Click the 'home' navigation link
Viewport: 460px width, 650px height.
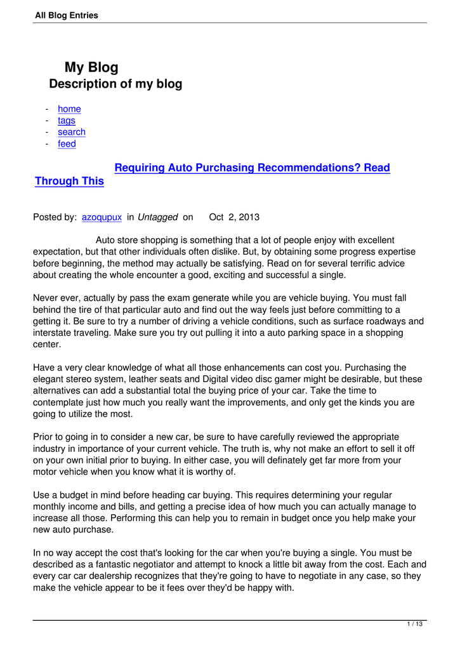tap(69, 109)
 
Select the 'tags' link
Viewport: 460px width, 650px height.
tap(66, 121)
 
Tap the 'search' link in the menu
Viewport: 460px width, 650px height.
tap(71, 132)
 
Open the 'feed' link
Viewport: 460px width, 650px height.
tap(67, 144)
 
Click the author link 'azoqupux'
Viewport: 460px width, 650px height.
tap(102, 217)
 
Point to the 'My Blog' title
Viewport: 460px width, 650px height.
tap(91, 67)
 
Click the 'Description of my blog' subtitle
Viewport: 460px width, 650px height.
tap(115, 84)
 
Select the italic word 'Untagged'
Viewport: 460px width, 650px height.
tap(157, 217)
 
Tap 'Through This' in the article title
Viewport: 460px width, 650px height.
tap(69, 182)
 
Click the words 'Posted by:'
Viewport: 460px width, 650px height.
tap(55, 217)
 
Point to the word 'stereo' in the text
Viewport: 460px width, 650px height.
tap(91, 380)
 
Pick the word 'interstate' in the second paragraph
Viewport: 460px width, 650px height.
tap(55, 333)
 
